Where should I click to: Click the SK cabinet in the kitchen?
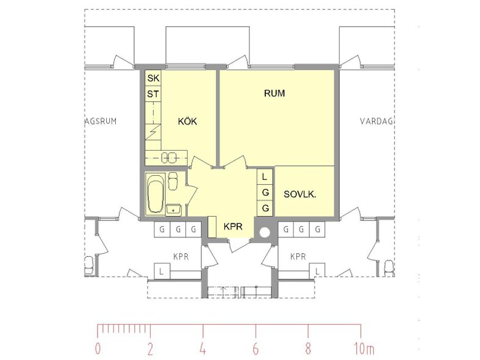tap(153, 78)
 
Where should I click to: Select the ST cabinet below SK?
tap(153, 94)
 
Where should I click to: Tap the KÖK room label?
tap(187, 121)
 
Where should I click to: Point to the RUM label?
tap(274, 93)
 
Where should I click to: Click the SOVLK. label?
tap(299, 194)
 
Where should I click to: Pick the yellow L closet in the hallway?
tap(265, 176)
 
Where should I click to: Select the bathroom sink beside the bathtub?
tap(174, 210)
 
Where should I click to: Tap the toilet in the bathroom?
tap(173, 181)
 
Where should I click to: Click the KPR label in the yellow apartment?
tap(233, 226)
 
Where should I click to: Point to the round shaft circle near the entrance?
tap(265, 232)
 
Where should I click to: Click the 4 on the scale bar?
tap(202, 348)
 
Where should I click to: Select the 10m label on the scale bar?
tap(364, 348)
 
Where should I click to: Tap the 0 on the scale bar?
tap(98, 348)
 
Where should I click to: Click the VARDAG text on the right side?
tap(376, 121)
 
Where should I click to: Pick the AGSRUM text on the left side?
tap(101, 121)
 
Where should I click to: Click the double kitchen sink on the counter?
tap(169, 157)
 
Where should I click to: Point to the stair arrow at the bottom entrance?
tap(223, 292)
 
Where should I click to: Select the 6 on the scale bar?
tap(256, 348)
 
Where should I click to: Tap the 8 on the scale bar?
tap(308, 348)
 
